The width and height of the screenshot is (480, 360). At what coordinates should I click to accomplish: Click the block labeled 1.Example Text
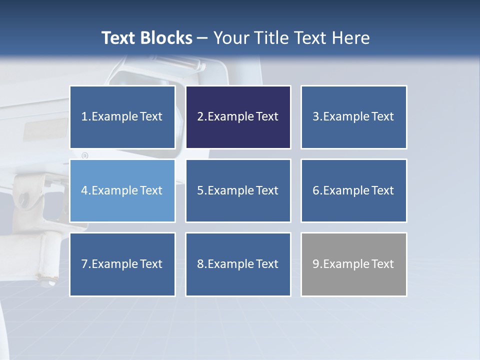coord(122,117)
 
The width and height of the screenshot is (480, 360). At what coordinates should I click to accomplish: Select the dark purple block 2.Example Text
coord(238,117)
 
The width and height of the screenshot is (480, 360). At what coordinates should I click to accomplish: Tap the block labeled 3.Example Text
coord(353,117)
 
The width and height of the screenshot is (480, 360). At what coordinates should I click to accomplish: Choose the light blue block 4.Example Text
coord(122,190)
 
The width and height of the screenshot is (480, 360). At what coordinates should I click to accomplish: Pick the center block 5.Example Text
coord(238,190)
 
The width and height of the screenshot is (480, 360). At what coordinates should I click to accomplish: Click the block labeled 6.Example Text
coord(353,190)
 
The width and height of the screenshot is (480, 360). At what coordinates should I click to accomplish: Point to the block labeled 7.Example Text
coord(122,264)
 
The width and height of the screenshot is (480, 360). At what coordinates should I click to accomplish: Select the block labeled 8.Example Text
coord(238,264)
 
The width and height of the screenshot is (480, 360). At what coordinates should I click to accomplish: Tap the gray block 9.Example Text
coord(353,264)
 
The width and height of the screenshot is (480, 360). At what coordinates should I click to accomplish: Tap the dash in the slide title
coord(202,38)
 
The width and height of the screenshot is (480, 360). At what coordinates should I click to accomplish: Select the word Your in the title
coord(230,38)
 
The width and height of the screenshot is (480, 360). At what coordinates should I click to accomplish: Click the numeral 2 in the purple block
coord(200,117)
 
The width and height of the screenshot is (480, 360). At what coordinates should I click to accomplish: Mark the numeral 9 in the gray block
coord(315,264)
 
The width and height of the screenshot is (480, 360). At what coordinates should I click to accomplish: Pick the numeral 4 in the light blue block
coord(84,190)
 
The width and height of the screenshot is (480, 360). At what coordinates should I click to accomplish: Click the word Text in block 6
coord(382,190)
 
